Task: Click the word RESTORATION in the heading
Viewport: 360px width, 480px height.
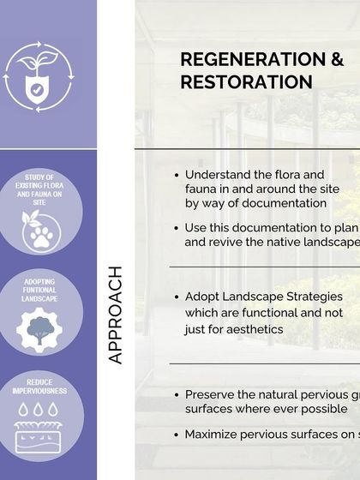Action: [x=246, y=82]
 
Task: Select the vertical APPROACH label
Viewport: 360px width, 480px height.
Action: [x=117, y=315]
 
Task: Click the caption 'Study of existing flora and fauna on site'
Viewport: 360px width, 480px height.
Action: [x=39, y=190]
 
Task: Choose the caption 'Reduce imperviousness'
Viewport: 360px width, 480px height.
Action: [x=39, y=387]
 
